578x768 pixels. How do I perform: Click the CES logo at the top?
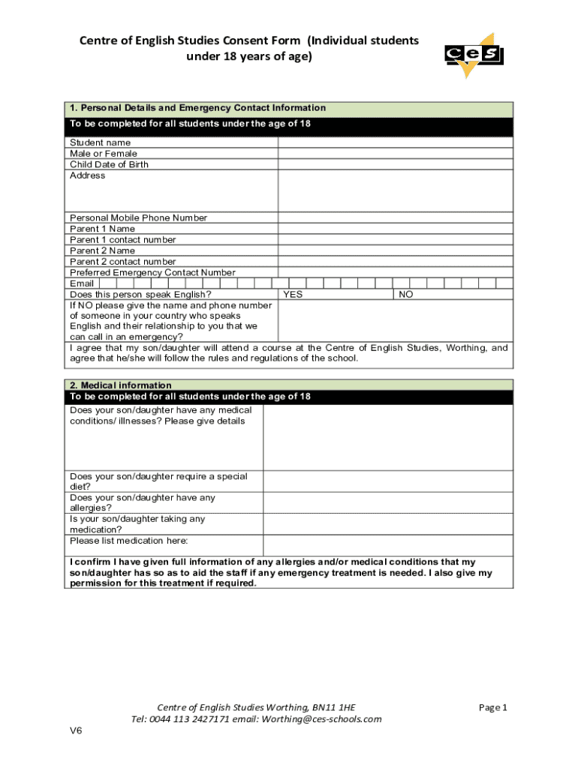click(x=473, y=55)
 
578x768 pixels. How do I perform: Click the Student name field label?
click(x=100, y=142)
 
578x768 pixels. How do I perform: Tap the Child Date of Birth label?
click(x=109, y=164)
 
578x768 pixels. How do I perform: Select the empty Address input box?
click(x=396, y=190)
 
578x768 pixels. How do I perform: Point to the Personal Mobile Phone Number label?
click(x=138, y=217)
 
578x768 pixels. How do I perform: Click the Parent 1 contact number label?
click(x=123, y=240)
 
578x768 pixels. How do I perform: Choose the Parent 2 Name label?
click(x=102, y=250)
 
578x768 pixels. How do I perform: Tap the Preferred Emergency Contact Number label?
click(x=152, y=272)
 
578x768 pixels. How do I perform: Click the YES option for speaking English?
click(x=293, y=295)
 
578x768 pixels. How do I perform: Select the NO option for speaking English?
click(x=405, y=295)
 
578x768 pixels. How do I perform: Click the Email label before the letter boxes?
click(x=82, y=283)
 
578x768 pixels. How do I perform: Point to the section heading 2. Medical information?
click(x=121, y=385)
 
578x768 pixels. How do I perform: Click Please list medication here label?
click(x=128, y=541)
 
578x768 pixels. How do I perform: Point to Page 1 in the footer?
click(x=493, y=707)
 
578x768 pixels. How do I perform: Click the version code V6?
click(x=76, y=731)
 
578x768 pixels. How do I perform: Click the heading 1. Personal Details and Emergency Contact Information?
click(x=197, y=108)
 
